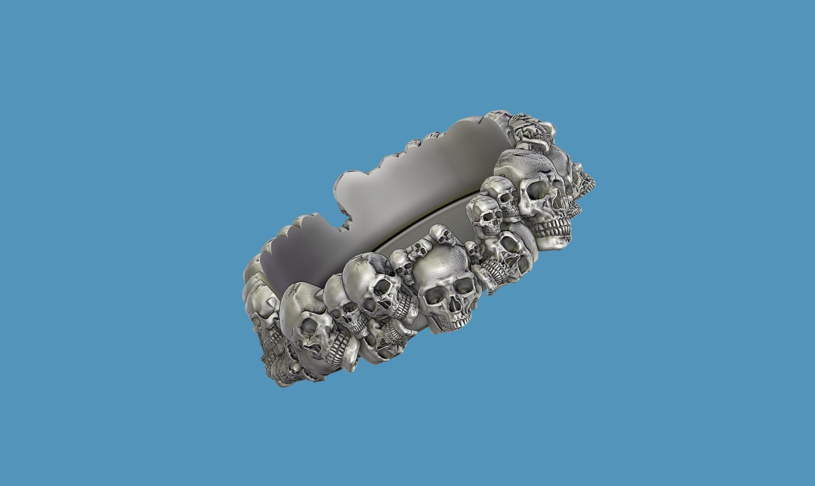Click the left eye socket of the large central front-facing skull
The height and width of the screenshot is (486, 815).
pos(433,295)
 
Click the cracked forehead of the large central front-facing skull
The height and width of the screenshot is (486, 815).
pos(439,267)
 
